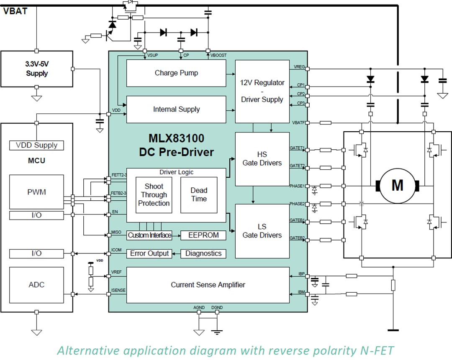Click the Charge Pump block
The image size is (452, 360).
(176, 73)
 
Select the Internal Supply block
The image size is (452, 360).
(176, 110)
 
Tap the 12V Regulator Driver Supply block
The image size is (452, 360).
(262, 91)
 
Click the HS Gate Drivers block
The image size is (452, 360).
(262, 159)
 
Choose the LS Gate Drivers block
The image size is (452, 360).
(262, 231)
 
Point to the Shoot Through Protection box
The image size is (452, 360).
(154, 195)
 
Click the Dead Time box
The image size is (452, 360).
(199, 195)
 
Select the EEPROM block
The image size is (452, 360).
(203, 235)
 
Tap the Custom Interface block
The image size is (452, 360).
(149, 235)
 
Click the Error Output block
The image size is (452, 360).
(149, 253)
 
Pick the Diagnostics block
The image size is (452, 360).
(203, 253)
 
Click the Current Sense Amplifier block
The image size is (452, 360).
(208, 285)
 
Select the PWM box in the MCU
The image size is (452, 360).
(36, 192)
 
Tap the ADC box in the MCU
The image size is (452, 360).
(36, 285)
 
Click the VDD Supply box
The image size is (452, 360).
(36, 146)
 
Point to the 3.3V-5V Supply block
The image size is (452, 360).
(37, 69)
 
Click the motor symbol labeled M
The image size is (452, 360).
(397, 185)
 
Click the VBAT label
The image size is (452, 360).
(15, 11)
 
